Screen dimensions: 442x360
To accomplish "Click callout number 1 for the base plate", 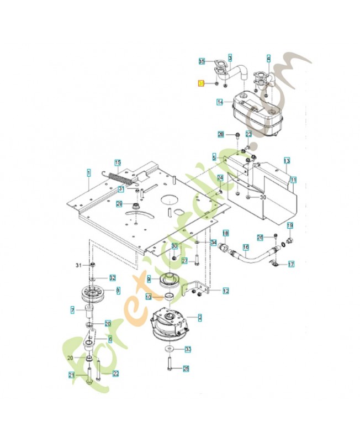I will [x=88, y=172].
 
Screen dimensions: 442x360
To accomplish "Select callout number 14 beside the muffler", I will [x=220, y=102].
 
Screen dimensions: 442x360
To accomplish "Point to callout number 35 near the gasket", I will [x=202, y=61].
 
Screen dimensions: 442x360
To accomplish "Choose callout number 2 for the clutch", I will [x=199, y=317].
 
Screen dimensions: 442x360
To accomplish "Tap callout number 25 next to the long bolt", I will [x=186, y=369].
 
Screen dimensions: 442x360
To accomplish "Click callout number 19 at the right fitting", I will [x=290, y=225].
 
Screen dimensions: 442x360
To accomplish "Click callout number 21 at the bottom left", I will [x=71, y=376].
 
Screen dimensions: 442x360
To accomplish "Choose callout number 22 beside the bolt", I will [x=115, y=373].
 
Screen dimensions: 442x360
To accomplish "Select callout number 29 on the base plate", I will [x=119, y=204].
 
